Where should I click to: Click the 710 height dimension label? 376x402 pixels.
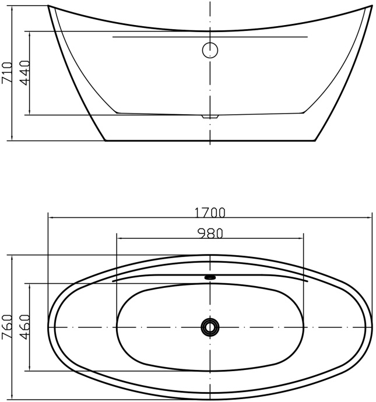point(6,73)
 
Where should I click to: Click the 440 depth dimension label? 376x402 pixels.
point(24,73)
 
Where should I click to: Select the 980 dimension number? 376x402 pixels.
point(210,233)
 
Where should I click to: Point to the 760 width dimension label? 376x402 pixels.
point(6,327)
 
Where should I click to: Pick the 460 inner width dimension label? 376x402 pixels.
point(24,327)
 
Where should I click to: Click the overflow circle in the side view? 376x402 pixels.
point(210,50)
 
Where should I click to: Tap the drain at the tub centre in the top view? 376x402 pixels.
point(210,327)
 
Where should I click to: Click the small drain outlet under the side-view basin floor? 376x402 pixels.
point(210,117)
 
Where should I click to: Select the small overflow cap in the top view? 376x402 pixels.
point(210,277)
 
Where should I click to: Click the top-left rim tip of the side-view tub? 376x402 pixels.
point(48,6)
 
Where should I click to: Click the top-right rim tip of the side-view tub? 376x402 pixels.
point(371,6)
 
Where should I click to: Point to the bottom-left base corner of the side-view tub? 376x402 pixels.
point(104,140)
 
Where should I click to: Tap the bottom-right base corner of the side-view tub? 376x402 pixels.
point(315,140)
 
